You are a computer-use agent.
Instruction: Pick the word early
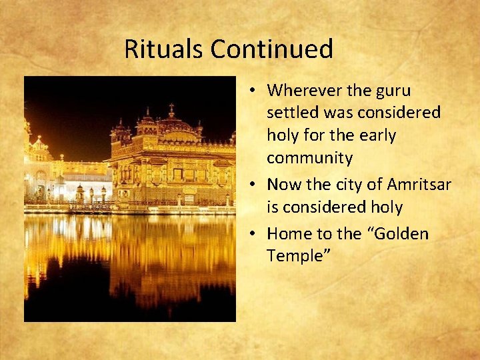point(377,135)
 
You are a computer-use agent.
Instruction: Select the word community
point(309,158)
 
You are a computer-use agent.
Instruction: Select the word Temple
point(294,256)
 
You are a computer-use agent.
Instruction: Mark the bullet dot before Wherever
point(256,91)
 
